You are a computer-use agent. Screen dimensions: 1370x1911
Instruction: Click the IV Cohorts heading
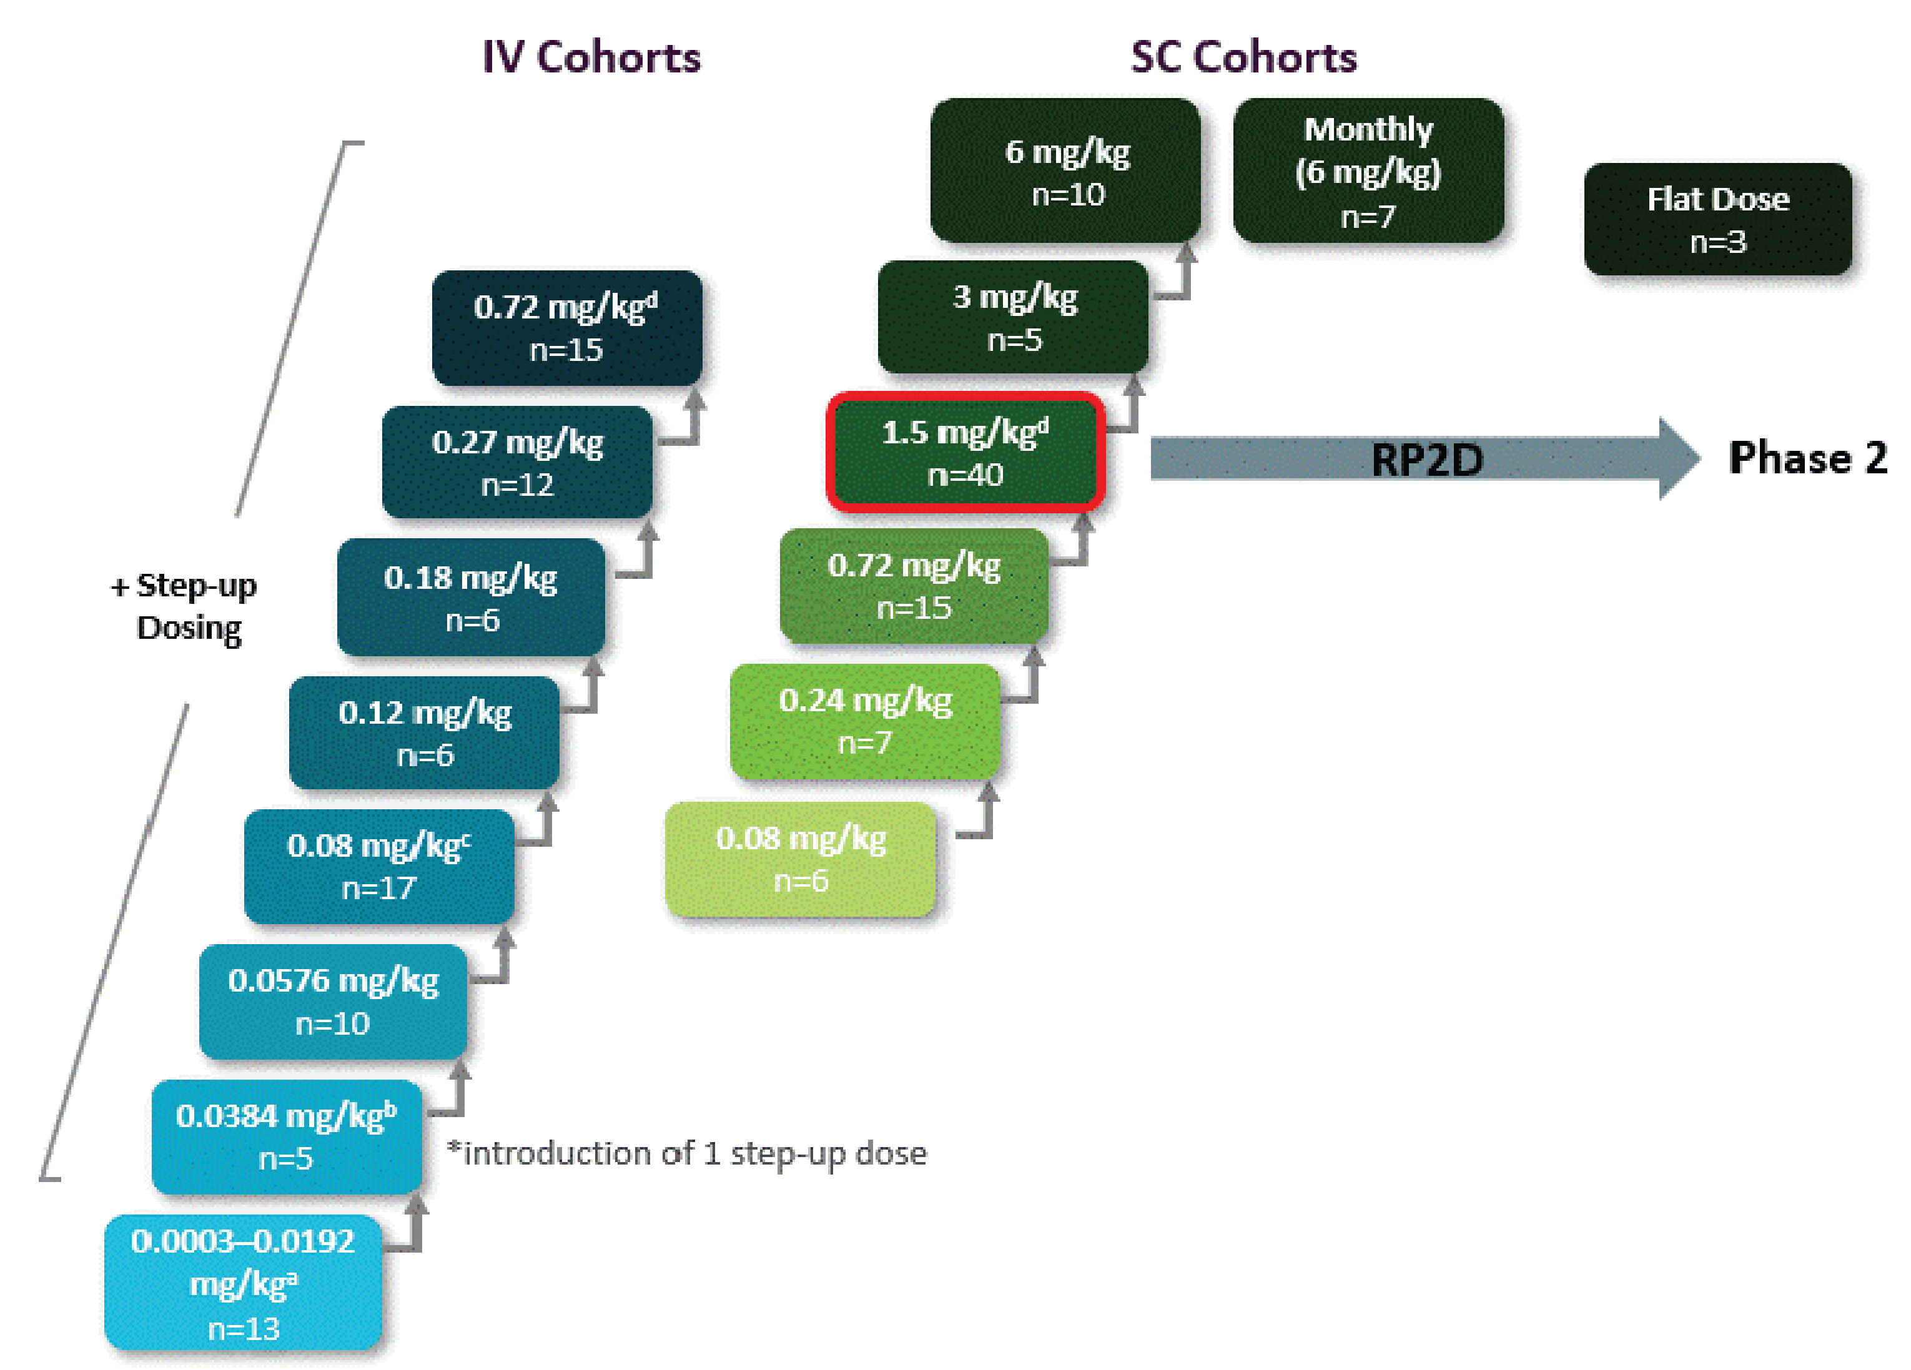tap(591, 58)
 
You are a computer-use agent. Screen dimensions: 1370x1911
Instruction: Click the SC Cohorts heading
tap(1243, 58)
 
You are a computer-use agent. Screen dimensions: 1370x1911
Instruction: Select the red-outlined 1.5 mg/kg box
tap(965, 453)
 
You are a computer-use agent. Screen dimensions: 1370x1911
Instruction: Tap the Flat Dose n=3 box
tap(1717, 220)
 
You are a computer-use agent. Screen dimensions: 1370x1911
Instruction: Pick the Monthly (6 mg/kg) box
tap(1368, 171)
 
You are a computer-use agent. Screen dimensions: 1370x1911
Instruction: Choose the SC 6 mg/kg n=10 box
tap(1066, 171)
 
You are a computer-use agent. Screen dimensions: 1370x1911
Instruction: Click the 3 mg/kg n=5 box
tap(1013, 318)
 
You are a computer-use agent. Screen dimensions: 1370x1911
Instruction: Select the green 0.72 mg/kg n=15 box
tap(914, 586)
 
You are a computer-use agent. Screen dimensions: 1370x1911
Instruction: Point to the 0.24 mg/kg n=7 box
tap(866, 721)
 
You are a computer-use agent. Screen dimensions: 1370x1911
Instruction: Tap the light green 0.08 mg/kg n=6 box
tap(801, 859)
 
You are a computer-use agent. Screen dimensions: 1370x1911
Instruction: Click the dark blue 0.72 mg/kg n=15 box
tap(566, 328)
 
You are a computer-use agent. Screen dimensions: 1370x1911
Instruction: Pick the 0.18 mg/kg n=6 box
tap(471, 598)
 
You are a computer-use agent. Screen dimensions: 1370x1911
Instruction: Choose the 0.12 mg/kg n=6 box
tap(424, 732)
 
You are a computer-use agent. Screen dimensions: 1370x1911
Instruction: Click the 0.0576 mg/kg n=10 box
tap(333, 1001)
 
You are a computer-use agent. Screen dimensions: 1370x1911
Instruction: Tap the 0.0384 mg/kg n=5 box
tap(287, 1136)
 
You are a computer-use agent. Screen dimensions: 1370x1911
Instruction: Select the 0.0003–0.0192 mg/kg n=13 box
tap(243, 1283)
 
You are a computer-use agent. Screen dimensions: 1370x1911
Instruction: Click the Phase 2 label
tap(1807, 458)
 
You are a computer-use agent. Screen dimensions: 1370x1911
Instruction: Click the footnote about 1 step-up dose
tap(687, 1153)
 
